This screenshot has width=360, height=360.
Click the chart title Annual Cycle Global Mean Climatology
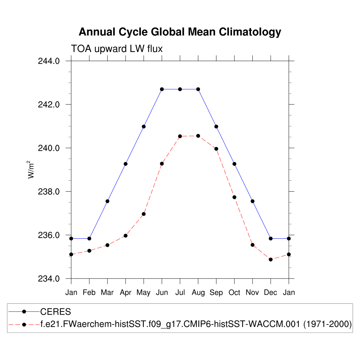pyautogui.click(x=180, y=32)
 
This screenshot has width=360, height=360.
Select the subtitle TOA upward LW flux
pyautogui.click(x=117, y=49)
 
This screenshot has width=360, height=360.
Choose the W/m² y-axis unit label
pyautogui.click(x=32, y=169)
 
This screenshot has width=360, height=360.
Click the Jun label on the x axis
pyautogui.click(x=162, y=292)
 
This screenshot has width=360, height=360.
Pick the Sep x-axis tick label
pyautogui.click(x=216, y=292)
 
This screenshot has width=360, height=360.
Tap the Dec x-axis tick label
pyautogui.click(x=271, y=292)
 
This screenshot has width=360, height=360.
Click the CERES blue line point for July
pyautogui.click(x=180, y=89)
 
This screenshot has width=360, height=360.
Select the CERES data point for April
pyautogui.click(x=126, y=164)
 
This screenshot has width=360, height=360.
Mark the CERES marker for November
pyautogui.click(x=252, y=201)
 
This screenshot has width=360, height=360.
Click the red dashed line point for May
pyautogui.click(x=144, y=214)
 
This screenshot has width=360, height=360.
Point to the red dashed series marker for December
pyautogui.click(x=271, y=259)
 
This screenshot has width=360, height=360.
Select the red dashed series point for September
pyautogui.click(x=216, y=149)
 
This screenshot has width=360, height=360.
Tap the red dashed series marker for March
pyautogui.click(x=108, y=245)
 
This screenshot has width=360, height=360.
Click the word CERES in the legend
pyautogui.click(x=56, y=311)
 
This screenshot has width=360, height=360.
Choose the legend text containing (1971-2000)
pyautogui.click(x=327, y=324)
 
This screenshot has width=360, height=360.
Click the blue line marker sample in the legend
pyautogui.click(x=24, y=311)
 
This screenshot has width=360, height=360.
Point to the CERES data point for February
pyautogui.click(x=89, y=238)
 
